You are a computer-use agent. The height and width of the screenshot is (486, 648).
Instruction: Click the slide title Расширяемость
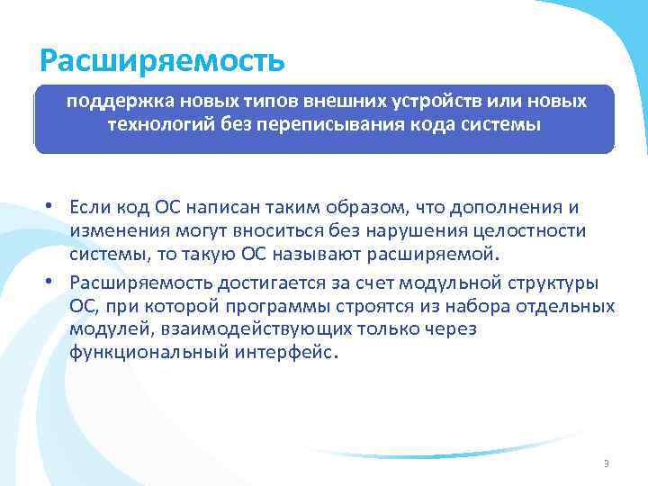point(163,61)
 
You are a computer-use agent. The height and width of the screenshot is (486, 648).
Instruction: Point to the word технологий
point(158,124)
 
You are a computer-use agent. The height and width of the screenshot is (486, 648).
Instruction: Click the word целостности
point(536,231)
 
